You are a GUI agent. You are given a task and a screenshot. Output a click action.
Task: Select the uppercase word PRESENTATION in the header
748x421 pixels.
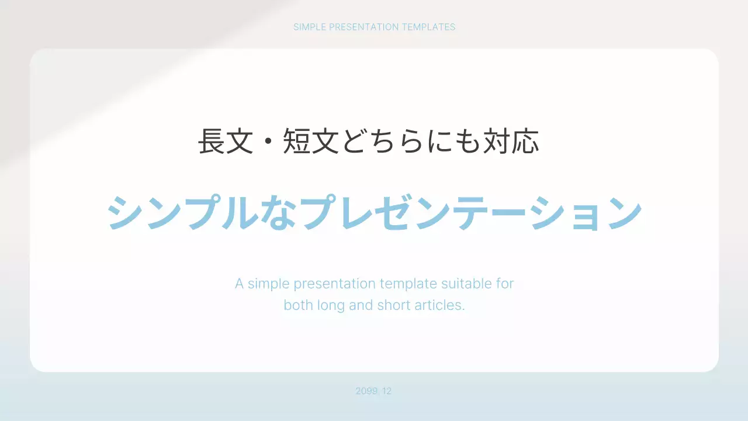pos(363,27)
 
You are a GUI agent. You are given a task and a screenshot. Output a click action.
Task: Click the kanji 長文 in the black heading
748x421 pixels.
pos(226,142)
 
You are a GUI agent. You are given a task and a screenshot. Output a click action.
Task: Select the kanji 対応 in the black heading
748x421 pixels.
pos(511,142)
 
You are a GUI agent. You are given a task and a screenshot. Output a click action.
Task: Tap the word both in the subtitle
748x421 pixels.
pos(297,305)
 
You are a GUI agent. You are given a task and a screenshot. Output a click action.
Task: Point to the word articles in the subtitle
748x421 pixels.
pos(439,305)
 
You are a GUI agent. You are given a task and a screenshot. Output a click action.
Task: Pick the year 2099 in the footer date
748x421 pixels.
pos(366,391)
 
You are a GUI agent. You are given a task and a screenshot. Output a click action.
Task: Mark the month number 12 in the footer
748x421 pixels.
pos(386,391)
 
